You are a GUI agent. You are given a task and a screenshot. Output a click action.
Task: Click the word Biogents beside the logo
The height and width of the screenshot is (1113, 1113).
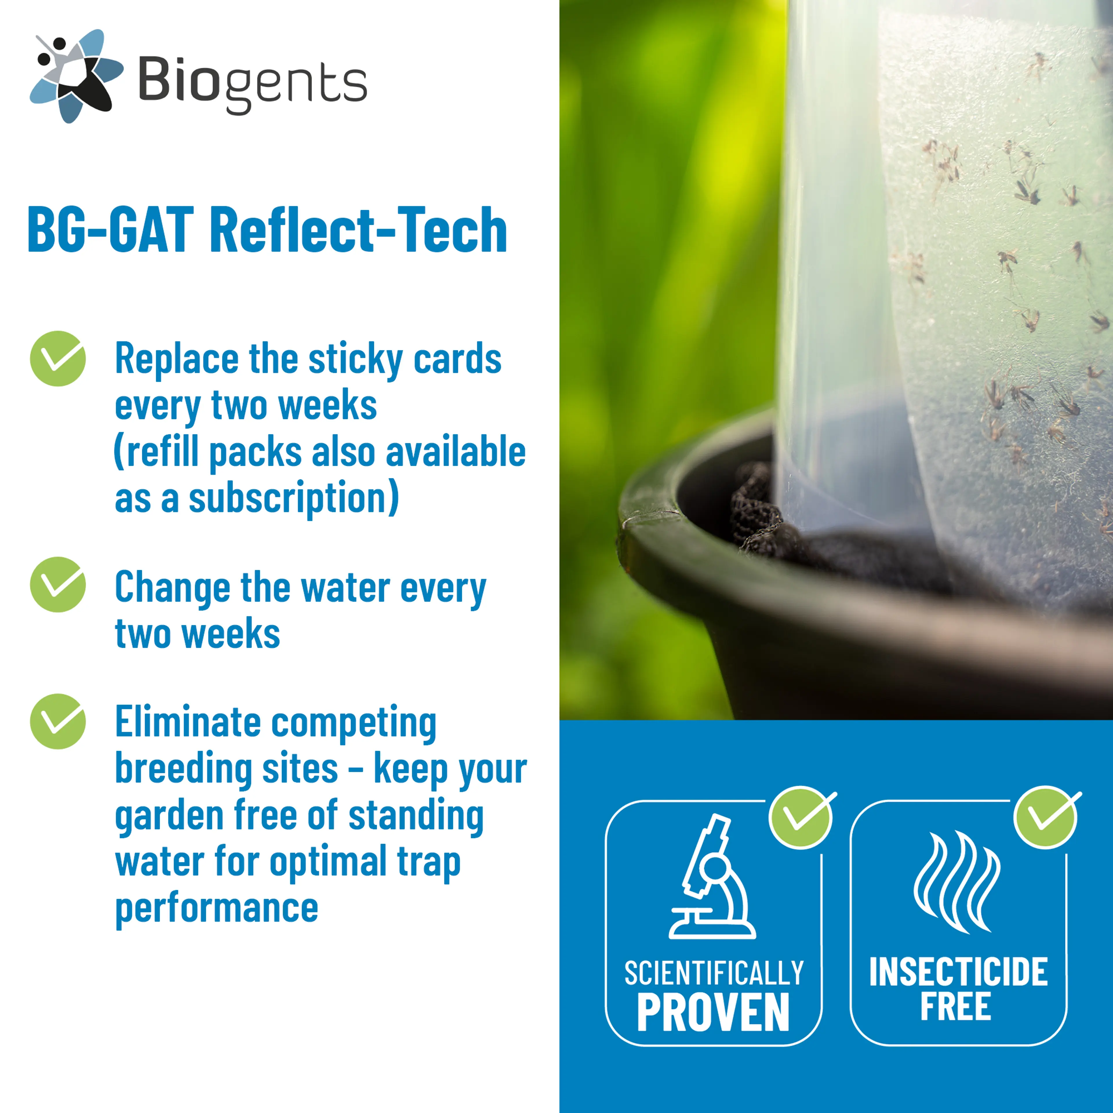[x=252, y=83]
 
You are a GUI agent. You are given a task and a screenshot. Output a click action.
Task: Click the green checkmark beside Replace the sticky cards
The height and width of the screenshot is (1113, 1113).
[x=58, y=358]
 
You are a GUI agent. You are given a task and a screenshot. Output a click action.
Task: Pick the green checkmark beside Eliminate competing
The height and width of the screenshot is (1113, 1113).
[x=58, y=721]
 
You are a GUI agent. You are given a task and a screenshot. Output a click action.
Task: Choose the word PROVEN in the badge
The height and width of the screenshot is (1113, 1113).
[x=713, y=1012]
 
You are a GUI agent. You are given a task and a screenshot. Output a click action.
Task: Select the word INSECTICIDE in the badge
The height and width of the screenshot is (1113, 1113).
[x=958, y=972]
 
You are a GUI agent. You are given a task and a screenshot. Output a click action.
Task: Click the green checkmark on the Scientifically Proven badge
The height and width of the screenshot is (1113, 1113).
[x=801, y=817]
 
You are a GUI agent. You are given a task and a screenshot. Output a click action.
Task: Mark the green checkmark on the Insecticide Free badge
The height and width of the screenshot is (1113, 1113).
[x=1045, y=817]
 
